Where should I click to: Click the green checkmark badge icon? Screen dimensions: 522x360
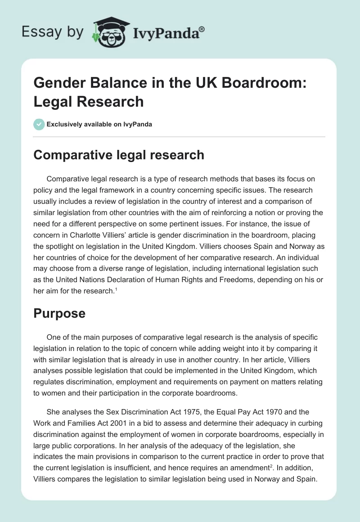pyautogui.click(x=39, y=124)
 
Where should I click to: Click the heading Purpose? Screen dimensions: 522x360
pyautogui.click(x=59, y=314)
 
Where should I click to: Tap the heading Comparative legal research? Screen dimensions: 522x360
pyautogui.click(x=119, y=155)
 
